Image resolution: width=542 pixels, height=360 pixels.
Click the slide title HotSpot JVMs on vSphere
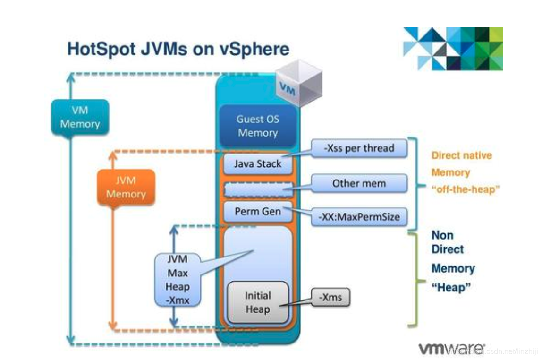[x=178, y=49]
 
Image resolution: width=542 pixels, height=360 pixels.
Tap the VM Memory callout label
[x=79, y=118]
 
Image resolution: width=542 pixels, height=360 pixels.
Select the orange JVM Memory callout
[x=126, y=187]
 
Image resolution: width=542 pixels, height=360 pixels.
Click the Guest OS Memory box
[x=257, y=126]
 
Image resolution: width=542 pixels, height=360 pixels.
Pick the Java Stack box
[x=257, y=164]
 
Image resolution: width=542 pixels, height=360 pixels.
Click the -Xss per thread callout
[x=359, y=148]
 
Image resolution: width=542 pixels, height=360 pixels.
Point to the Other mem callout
[x=359, y=183]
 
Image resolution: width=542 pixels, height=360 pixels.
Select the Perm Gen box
[x=257, y=211]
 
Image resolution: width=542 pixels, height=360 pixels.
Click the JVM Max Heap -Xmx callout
[x=177, y=279]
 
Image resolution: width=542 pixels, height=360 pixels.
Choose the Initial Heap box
[x=257, y=302]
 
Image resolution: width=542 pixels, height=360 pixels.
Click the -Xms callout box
[x=330, y=298]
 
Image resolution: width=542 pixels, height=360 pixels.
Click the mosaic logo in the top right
[x=452, y=49]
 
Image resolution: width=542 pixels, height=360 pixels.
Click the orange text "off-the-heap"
[x=465, y=189]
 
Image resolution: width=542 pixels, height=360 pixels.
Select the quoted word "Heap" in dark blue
[x=451, y=287]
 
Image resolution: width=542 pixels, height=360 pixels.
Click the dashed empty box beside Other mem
[x=257, y=189]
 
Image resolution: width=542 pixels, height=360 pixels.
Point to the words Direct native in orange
[x=461, y=155]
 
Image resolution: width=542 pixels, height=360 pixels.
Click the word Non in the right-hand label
[x=442, y=235]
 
